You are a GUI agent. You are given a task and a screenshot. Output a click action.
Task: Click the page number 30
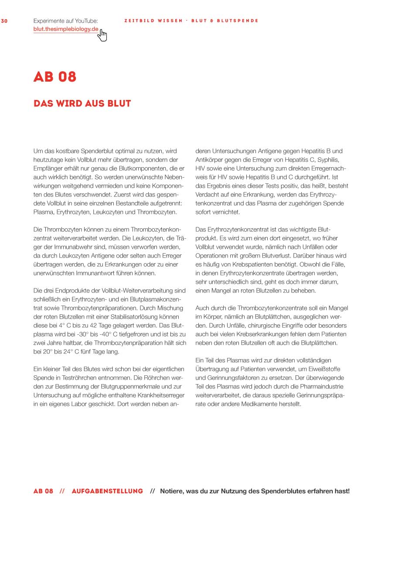coord(4,21)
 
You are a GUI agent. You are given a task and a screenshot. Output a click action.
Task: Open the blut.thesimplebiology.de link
coord(66,29)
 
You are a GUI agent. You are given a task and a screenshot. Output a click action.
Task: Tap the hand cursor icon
coord(102,35)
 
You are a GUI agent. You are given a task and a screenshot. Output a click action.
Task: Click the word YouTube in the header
coord(87,21)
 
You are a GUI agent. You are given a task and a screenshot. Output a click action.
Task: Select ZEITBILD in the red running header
coord(139,21)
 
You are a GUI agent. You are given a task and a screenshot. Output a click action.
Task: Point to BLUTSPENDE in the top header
coord(238,21)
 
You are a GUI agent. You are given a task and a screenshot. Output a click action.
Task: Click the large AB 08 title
coord(55,77)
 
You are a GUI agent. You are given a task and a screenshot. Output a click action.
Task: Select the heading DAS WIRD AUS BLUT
coord(82,103)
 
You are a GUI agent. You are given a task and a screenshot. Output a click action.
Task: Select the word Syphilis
coord(328,160)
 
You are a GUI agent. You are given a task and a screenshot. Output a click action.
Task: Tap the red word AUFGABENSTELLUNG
coord(107,491)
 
